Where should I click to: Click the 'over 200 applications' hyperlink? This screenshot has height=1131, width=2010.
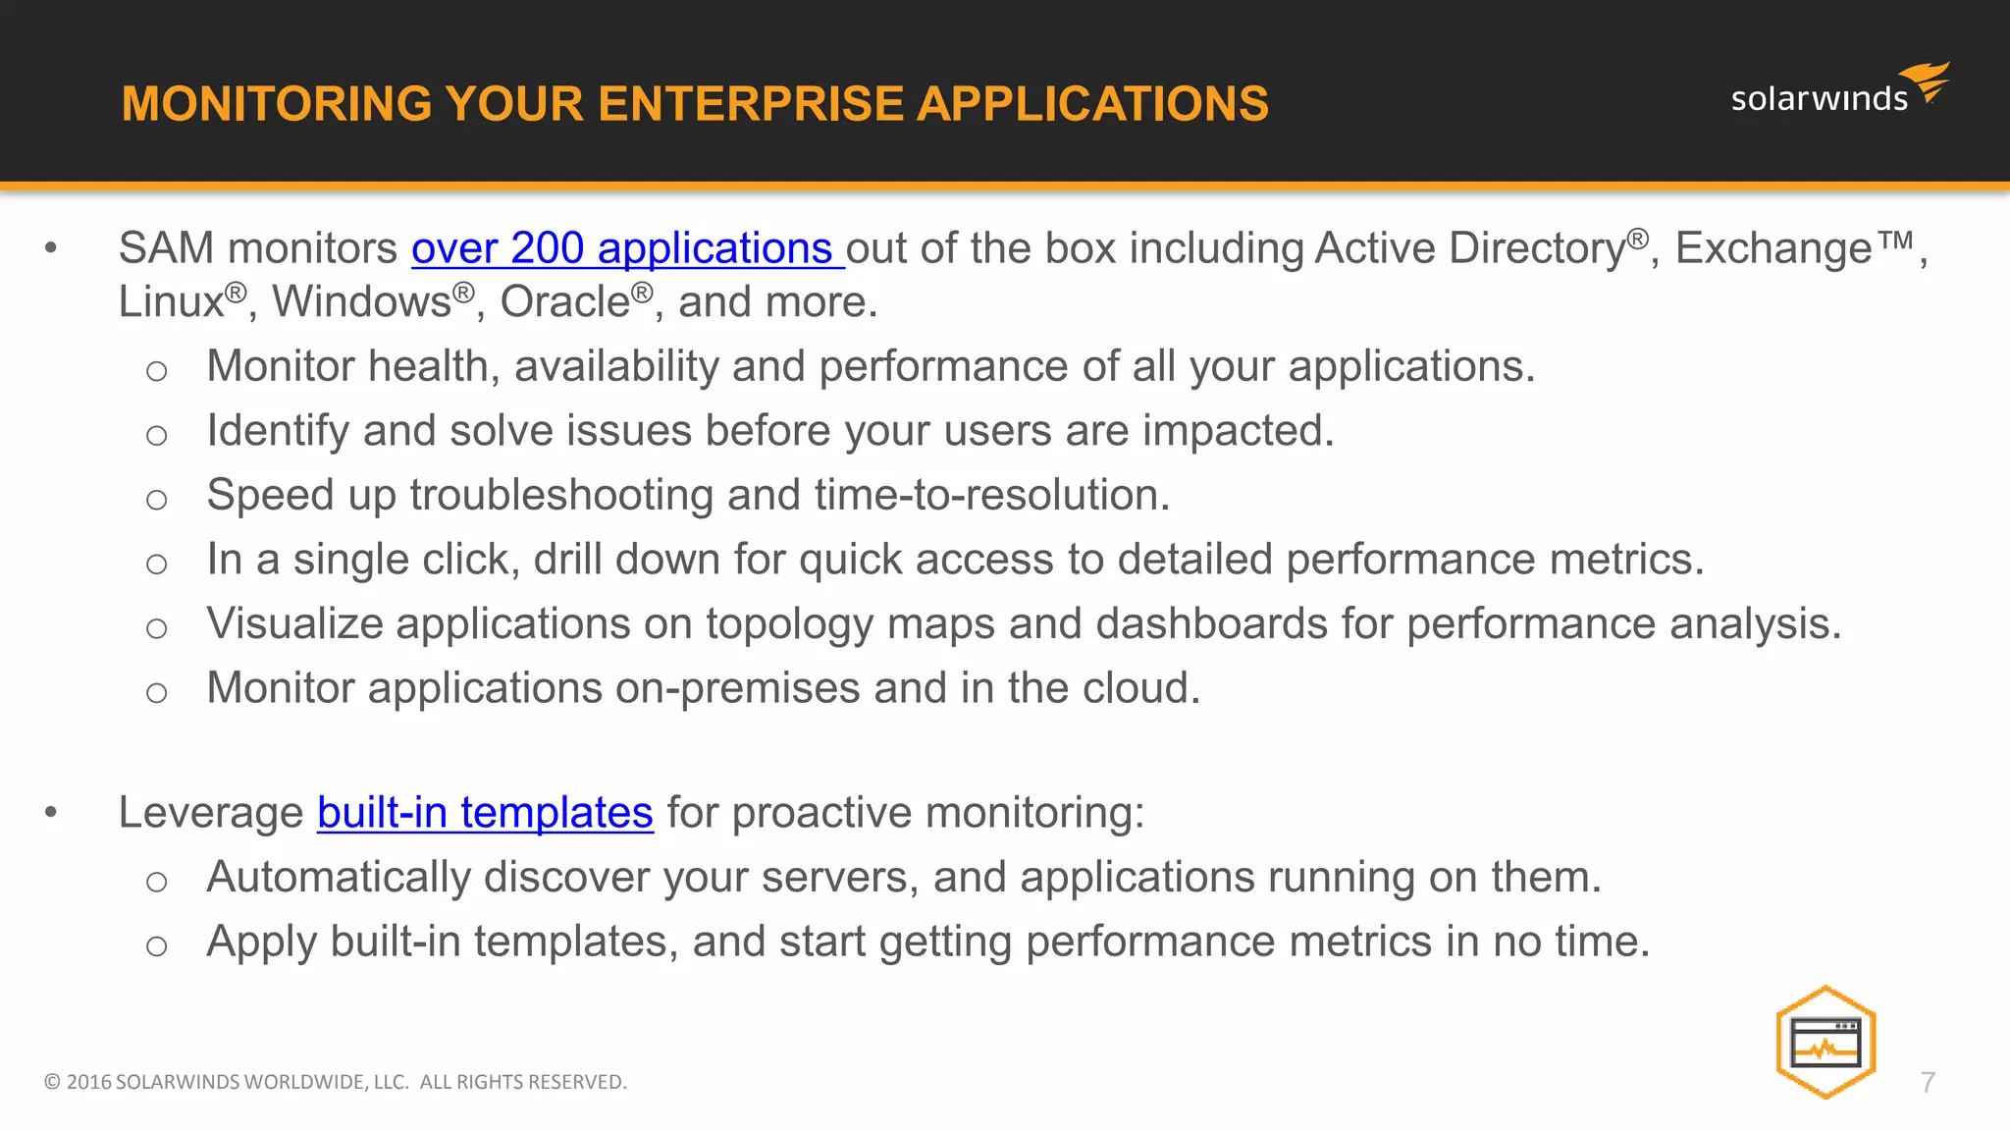pyautogui.click(x=622, y=248)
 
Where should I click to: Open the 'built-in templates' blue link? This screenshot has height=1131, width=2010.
pyautogui.click(x=485, y=813)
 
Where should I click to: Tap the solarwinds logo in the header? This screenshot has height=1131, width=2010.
pyautogui.click(x=1837, y=91)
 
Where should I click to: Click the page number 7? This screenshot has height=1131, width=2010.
pyautogui.click(x=1928, y=1083)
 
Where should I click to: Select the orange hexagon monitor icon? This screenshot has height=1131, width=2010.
pyautogui.click(x=1825, y=1042)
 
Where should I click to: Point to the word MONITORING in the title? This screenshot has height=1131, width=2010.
pyautogui.click(x=276, y=104)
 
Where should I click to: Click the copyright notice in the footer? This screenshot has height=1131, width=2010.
pyautogui.click(x=335, y=1082)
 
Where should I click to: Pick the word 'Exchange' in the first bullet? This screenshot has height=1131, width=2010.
pyautogui.click(x=1772, y=248)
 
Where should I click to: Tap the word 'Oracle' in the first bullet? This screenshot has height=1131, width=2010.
pyautogui.click(x=564, y=302)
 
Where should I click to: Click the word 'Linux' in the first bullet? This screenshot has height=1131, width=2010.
pyautogui.click(x=171, y=302)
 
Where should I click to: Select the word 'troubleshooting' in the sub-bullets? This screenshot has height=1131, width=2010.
pyautogui.click(x=561, y=496)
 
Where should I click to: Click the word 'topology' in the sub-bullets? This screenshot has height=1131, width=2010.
pyautogui.click(x=789, y=624)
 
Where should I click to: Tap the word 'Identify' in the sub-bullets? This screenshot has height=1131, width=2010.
pyautogui.click(x=278, y=431)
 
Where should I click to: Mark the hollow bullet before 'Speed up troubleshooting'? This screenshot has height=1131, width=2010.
pyautogui.click(x=156, y=500)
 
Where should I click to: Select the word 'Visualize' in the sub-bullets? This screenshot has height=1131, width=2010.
pyautogui.click(x=294, y=624)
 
